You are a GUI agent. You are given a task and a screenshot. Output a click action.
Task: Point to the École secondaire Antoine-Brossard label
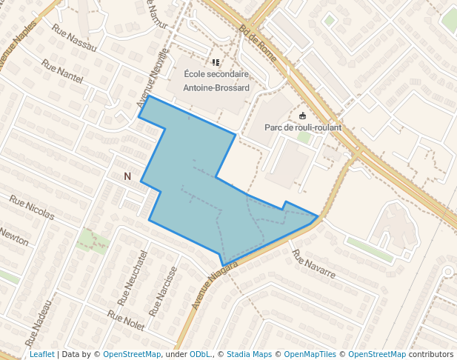coord(216,81)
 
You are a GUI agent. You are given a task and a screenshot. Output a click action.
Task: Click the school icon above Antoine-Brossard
coord(216,63)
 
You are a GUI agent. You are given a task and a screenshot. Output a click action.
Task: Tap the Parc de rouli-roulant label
coord(303,127)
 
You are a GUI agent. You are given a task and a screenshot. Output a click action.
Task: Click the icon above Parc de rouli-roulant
coord(302,116)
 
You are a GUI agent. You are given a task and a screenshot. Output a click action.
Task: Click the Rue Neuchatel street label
coord(133,278)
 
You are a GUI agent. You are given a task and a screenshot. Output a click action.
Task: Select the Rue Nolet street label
coord(125,320)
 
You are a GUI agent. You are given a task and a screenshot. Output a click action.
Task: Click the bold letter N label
coord(127,176)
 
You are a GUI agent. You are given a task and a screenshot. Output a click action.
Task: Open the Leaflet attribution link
coord(42,354)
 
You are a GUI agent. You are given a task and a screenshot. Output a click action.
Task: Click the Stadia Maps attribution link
coord(249,354)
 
